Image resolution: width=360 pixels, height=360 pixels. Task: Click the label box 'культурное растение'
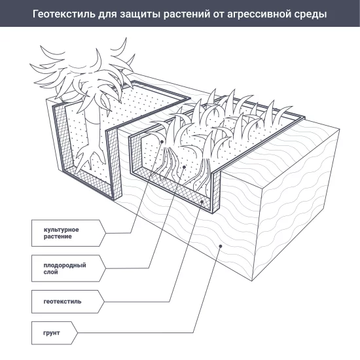[65, 232]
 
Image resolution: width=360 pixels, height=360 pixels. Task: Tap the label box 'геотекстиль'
[65, 302]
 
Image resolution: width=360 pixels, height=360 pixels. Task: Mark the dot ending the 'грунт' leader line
[221, 247]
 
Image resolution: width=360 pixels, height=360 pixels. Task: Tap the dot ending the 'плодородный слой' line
[185, 168]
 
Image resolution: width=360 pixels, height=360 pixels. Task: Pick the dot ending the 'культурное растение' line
[162, 141]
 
